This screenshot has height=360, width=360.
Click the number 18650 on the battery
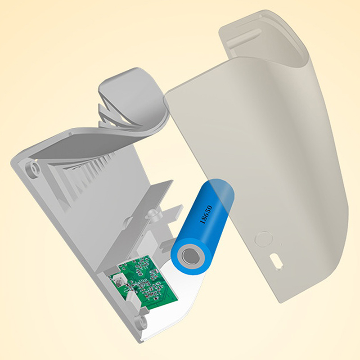click(x=207, y=215)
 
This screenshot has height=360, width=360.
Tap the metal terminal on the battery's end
click(x=191, y=255)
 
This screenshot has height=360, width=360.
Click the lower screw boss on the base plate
click(x=142, y=320)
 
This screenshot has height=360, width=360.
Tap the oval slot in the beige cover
click(x=276, y=261)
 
